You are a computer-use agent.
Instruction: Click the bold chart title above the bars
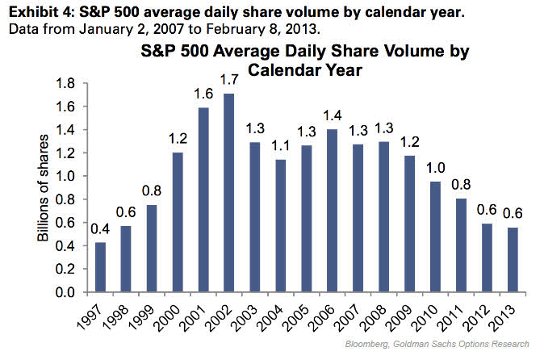(x=306, y=61)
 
